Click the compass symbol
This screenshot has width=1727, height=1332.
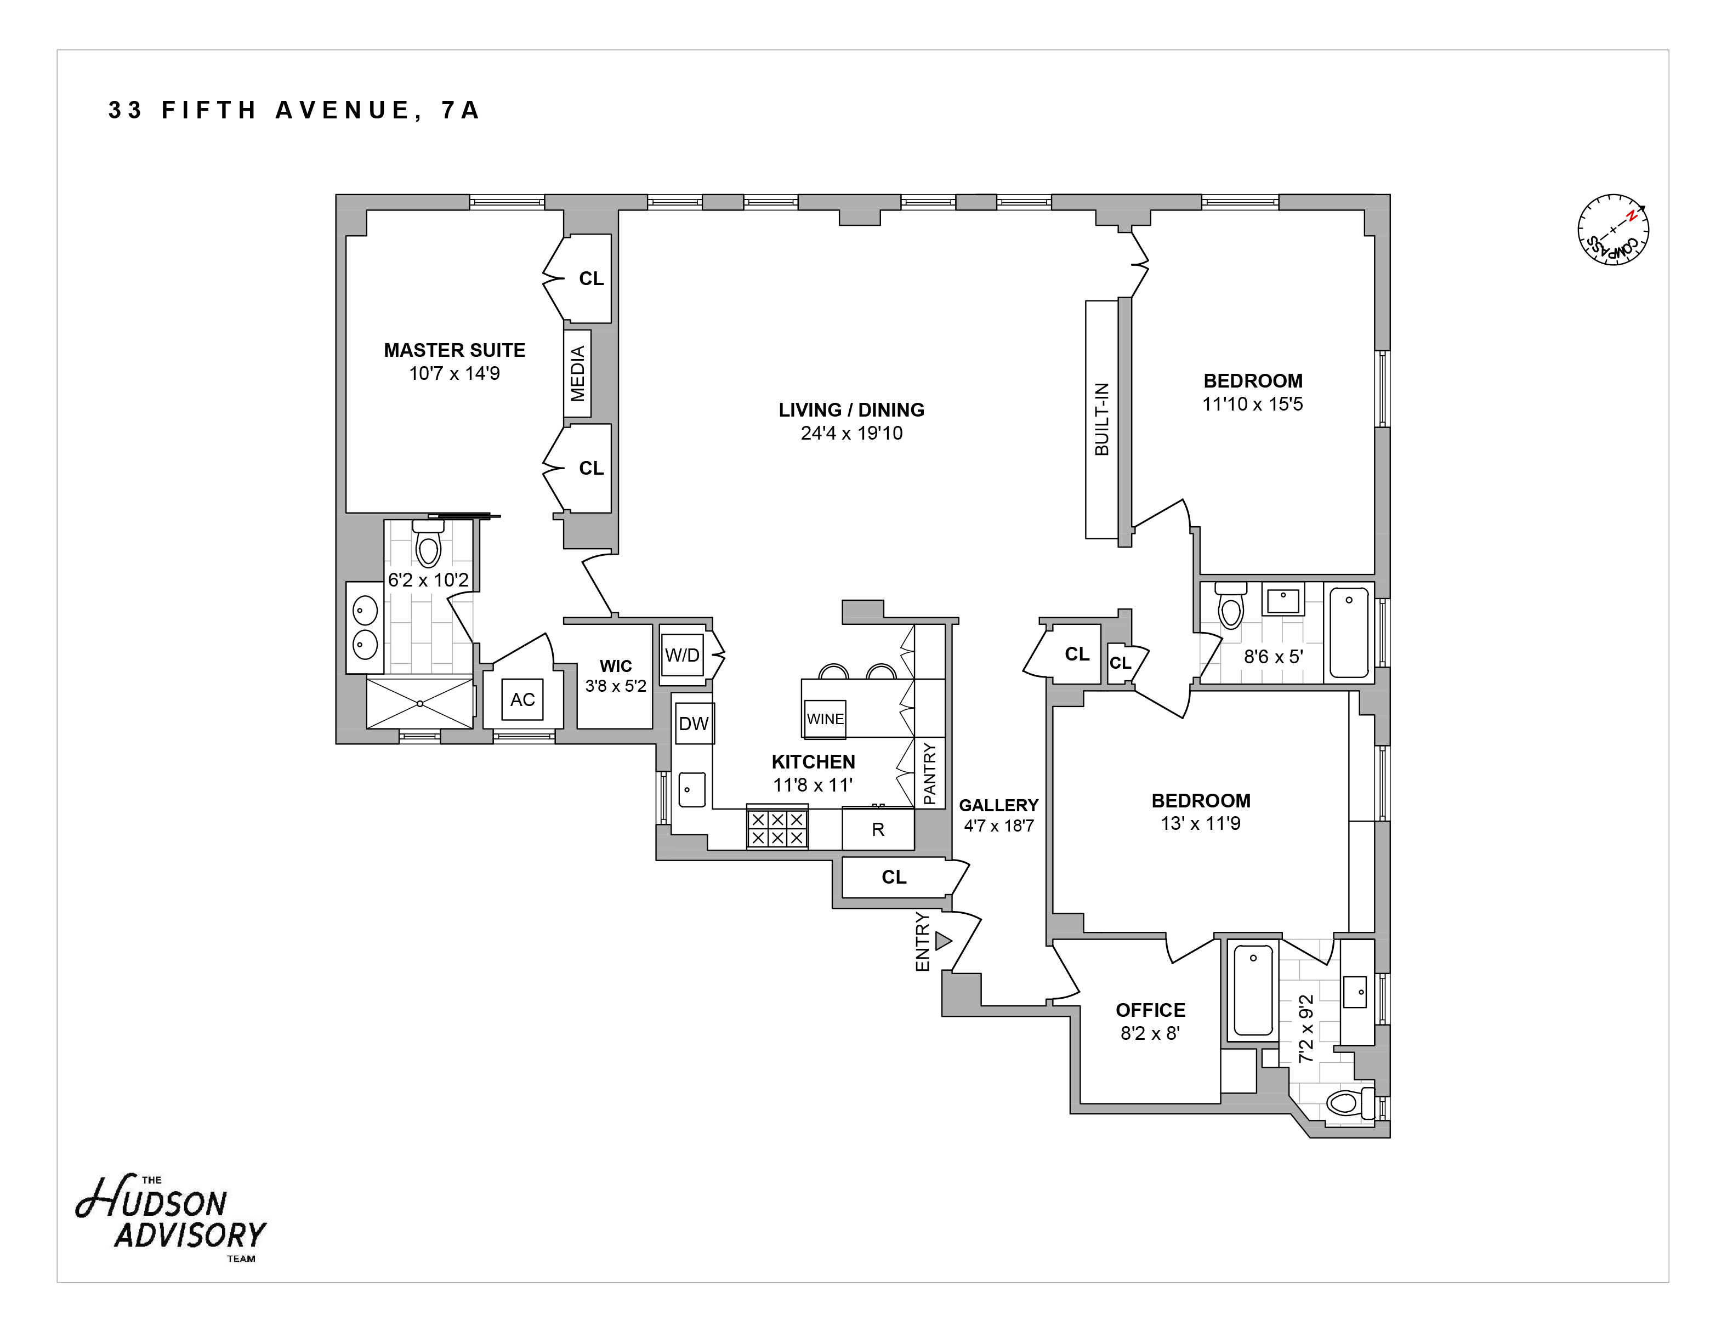pyautogui.click(x=1613, y=229)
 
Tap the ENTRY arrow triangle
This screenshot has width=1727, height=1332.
pyautogui.click(x=942, y=941)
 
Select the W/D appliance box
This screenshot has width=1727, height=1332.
pyautogui.click(x=681, y=654)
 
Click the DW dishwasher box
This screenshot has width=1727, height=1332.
pyautogui.click(x=694, y=724)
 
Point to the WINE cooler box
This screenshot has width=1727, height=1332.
pyautogui.click(x=825, y=719)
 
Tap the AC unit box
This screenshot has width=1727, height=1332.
pyautogui.click(x=522, y=699)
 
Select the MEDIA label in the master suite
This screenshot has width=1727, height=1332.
pyautogui.click(x=577, y=373)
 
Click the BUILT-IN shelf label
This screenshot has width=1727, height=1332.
pyautogui.click(x=1101, y=419)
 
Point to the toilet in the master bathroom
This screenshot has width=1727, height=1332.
pyautogui.click(x=428, y=544)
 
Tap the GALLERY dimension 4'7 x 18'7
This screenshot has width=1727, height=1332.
pyautogui.click(x=999, y=826)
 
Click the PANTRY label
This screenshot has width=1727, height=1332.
pyautogui.click(x=929, y=773)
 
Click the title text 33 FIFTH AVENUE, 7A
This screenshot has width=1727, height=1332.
pyautogui.click(x=294, y=110)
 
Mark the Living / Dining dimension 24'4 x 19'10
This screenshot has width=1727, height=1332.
pyautogui.click(x=851, y=433)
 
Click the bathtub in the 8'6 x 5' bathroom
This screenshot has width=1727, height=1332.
pyautogui.click(x=1349, y=633)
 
